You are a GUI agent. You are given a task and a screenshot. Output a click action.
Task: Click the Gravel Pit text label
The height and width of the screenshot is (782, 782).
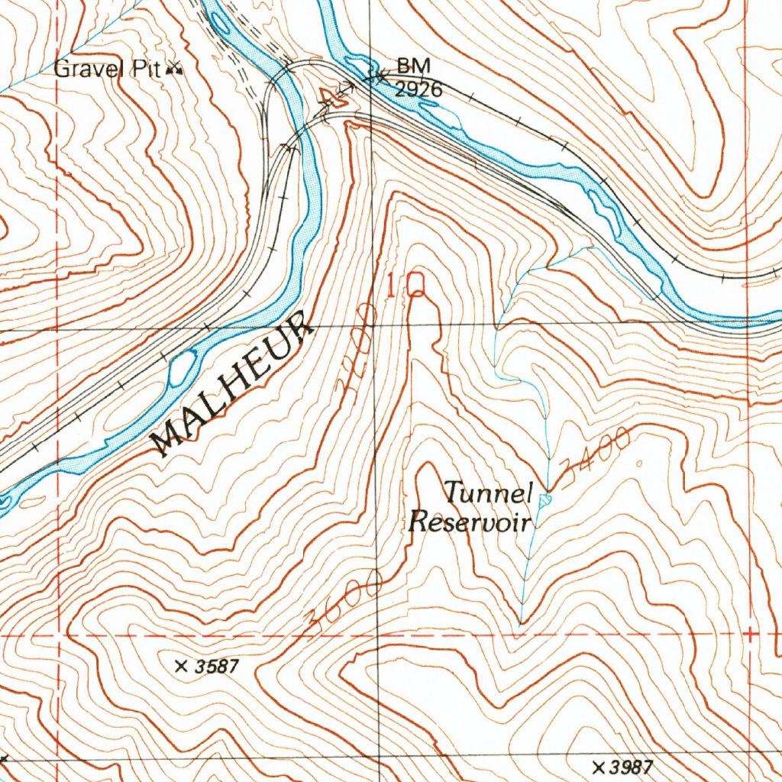coord(106,69)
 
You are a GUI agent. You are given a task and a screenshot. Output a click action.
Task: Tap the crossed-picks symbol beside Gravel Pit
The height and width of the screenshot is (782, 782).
coord(175,70)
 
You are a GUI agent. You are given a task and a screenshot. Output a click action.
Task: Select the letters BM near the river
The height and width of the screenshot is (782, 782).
coord(409,66)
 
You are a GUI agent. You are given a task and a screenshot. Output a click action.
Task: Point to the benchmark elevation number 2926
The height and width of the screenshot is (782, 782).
coord(418,90)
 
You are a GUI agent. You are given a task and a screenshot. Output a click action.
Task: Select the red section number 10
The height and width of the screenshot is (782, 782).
coord(405,287)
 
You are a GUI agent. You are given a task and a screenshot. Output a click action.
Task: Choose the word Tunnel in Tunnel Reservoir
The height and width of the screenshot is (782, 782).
coord(488,493)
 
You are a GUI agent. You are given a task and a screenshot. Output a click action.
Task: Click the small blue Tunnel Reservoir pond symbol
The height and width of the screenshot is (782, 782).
coord(544,500)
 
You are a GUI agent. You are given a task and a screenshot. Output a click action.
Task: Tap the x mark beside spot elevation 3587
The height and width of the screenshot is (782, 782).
coord(181,667)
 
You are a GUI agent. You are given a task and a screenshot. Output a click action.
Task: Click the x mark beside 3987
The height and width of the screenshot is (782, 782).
coord(598,766)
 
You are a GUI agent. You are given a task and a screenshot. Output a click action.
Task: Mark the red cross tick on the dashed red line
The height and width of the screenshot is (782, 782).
coord(751,634)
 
